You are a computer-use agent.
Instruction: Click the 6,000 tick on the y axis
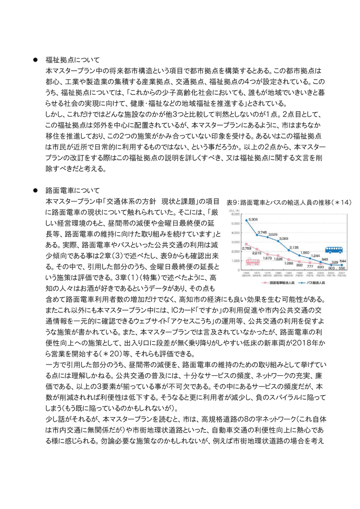[235, 214]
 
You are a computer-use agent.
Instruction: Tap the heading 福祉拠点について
[72, 59]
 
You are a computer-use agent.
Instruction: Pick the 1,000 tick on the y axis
[235, 261]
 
